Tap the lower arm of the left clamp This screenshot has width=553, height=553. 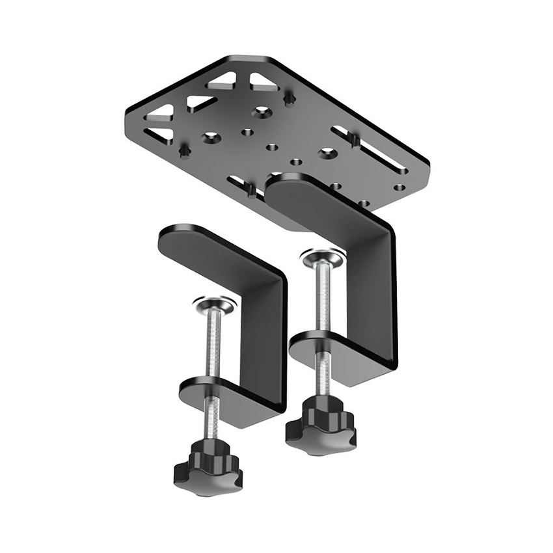click(228, 400)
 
